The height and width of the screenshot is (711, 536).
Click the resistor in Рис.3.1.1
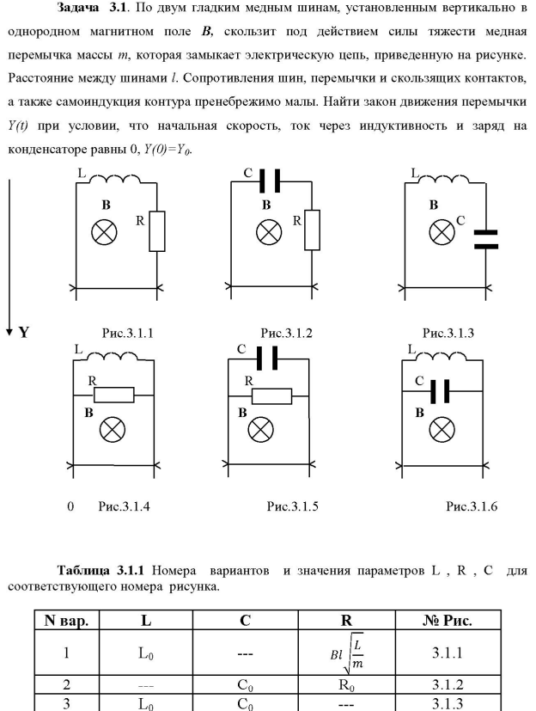pos(156,231)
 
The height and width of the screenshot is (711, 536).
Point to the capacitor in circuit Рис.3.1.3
pos(486,238)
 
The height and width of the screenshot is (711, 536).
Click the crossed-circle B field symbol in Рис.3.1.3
pos(442,230)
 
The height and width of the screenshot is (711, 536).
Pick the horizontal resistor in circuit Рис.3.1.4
pos(113,395)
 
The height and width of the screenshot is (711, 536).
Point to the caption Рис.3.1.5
pos(294,506)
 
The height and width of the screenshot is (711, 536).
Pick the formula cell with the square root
pos(339,652)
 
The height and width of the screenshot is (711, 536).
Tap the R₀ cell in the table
pos(339,685)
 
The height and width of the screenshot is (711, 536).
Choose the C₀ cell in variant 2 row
pos(243,685)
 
